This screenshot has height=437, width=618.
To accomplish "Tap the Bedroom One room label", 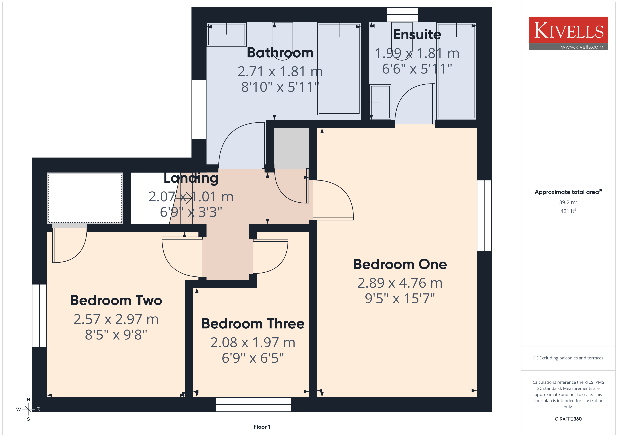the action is [x=400, y=264].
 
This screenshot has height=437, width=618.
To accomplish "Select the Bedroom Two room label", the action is [x=116, y=300].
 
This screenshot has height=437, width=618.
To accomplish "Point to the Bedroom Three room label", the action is [x=253, y=323].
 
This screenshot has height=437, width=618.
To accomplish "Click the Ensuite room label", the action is [x=417, y=34].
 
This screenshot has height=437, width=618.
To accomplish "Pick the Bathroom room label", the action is [x=280, y=53].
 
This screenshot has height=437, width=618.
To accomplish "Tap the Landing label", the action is [x=191, y=178].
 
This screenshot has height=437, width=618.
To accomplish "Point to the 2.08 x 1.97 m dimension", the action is [x=253, y=343].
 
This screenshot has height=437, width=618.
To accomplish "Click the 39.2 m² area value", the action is [x=568, y=202].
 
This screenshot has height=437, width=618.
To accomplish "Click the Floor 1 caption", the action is [x=262, y=427].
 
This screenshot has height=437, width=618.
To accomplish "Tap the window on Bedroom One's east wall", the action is [x=484, y=216].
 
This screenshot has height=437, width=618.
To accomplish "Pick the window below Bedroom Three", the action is [x=253, y=404].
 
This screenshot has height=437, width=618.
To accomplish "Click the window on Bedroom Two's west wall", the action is [x=39, y=315].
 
